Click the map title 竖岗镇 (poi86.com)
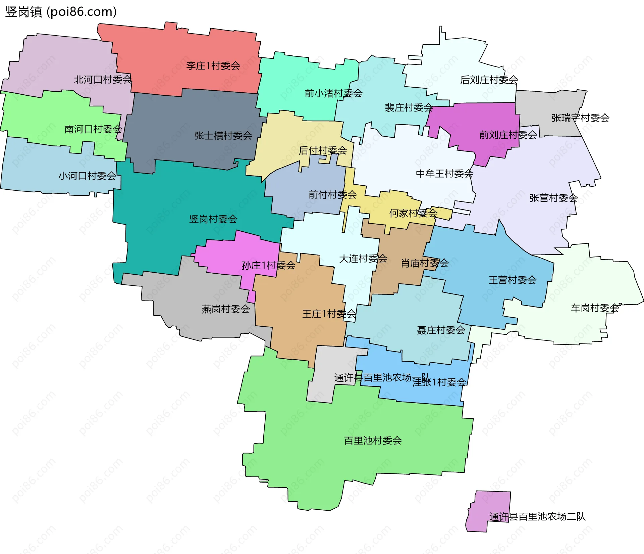click(61, 12)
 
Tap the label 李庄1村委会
click(213, 65)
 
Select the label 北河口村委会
click(103, 80)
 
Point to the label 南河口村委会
click(93, 129)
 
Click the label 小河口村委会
click(87, 176)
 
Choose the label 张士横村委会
click(223, 136)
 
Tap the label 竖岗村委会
click(213, 219)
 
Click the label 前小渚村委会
click(333, 93)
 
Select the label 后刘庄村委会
click(489, 80)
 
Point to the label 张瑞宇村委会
click(580, 118)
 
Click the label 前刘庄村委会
click(508, 135)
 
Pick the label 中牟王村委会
click(444, 174)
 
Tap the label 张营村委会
click(553, 198)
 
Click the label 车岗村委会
click(595, 308)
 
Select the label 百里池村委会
click(373, 441)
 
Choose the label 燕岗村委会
click(225, 309)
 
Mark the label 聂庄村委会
click(440, 330)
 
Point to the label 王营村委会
click(512, 280)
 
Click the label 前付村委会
click(332, 194)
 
